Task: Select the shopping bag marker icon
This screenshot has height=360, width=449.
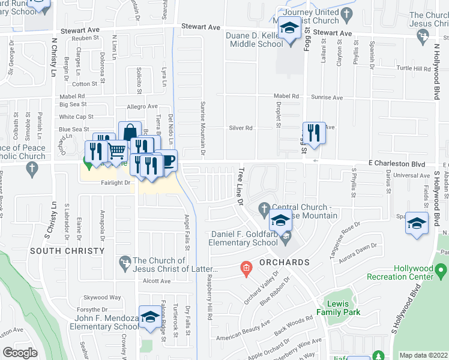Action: [x=130, y=131]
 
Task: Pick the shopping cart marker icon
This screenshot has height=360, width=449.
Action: [x=117, y=150]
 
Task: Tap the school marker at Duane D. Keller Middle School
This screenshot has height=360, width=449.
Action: [x=290, y=29]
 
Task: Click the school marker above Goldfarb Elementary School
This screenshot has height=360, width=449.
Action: [x=280, y=220]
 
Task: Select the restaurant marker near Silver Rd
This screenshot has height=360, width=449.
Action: [x=313, y=132]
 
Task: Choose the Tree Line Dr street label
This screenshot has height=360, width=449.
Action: [x=241, y=187]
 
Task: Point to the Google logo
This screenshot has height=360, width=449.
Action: [x=20, y=352]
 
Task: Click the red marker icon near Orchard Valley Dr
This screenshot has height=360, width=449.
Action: [x=245, y=268]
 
